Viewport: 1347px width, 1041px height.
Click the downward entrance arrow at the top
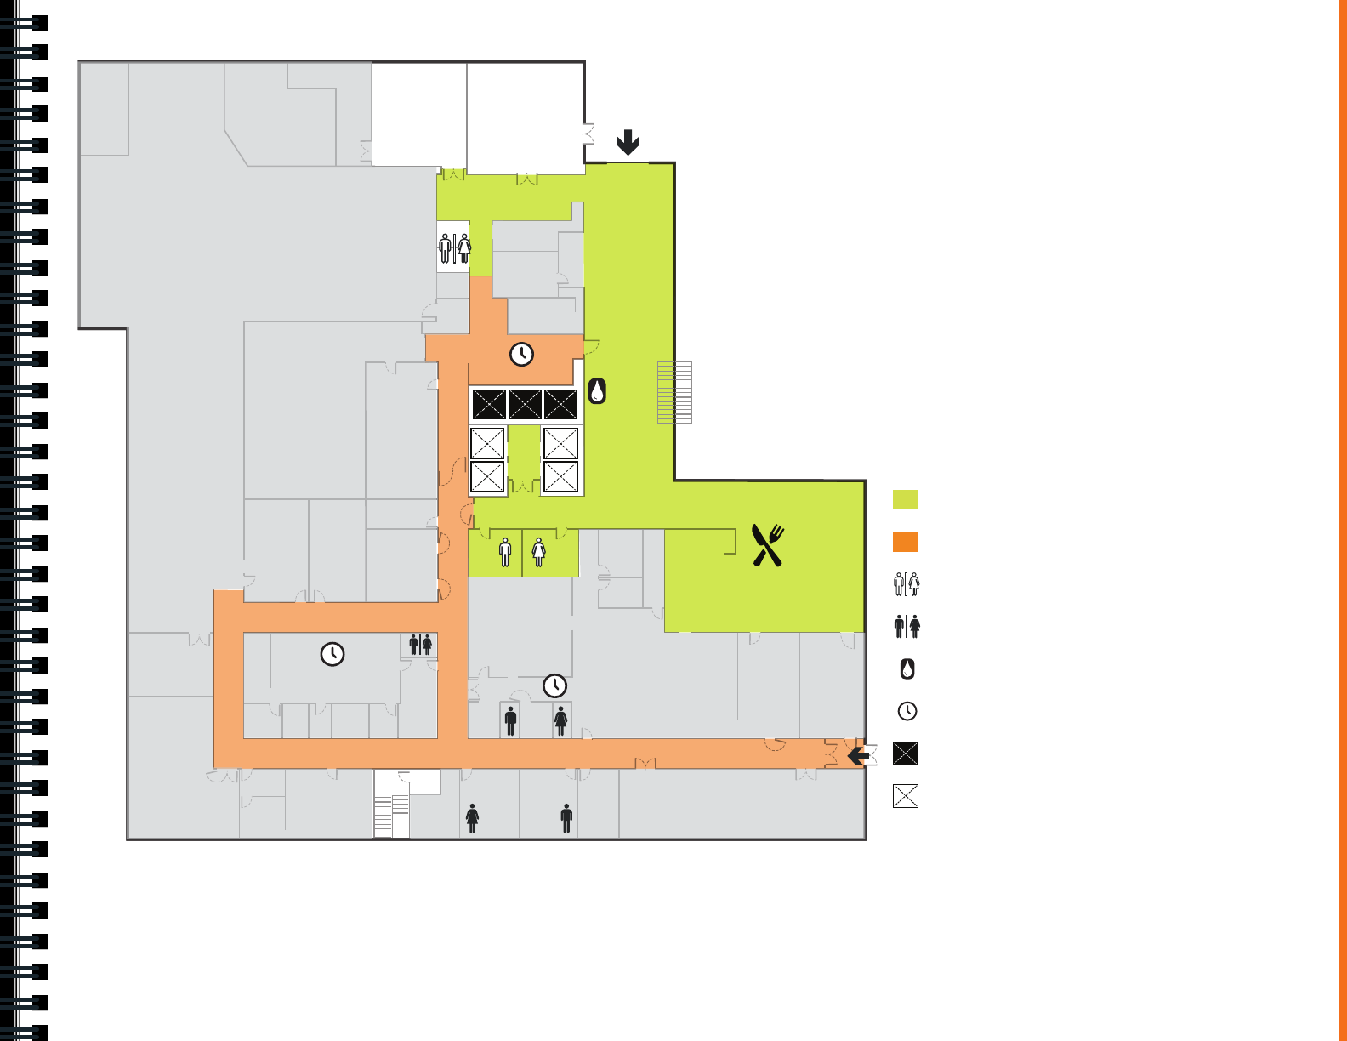628,142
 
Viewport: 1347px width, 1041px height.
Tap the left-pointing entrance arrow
858,754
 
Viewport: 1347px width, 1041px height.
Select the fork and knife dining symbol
768,545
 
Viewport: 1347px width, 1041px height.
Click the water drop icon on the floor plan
597,390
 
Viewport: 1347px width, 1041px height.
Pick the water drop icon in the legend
907,669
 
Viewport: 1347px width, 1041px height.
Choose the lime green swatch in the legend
906,499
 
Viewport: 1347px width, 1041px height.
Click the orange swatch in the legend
906,542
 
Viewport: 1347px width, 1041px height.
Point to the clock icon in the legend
907,711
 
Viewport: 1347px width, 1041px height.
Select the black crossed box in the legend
906,754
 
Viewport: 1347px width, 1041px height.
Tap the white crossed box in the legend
906,796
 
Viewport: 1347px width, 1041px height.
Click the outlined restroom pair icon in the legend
907,584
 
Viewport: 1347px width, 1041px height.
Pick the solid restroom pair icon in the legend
907,627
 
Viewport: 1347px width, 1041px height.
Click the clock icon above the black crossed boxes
521,354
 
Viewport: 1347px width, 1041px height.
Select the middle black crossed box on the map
525,404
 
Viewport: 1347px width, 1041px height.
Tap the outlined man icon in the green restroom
505,552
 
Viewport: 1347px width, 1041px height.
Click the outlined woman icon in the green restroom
538,552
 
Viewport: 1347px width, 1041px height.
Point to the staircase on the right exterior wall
674,392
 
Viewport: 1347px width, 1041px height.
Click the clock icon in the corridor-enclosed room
332,654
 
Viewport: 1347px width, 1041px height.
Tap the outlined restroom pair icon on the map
454,248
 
